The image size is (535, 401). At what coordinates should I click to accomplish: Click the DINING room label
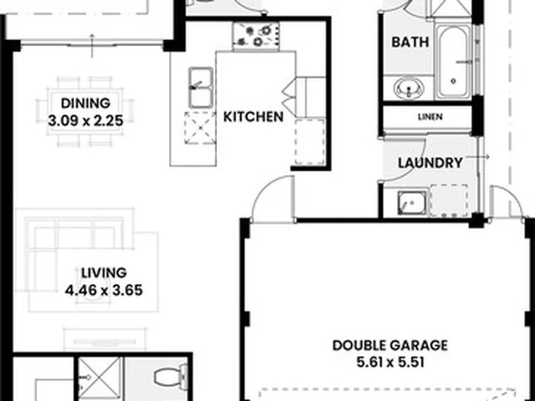click(85, 103)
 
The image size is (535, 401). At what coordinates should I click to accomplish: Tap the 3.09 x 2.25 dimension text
click(85, 121)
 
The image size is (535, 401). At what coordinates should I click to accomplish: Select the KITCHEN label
click(253, 117)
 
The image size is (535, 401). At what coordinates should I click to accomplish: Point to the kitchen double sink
click(201, 88)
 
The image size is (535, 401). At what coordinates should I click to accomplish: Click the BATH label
click(410, 42)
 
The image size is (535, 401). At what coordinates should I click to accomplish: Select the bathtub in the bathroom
click(453, 62)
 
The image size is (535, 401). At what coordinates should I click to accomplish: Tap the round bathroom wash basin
click(409, 88)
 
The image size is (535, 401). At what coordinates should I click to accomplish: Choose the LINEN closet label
click(430, 117)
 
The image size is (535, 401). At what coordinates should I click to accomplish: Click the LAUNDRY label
click(430, 163)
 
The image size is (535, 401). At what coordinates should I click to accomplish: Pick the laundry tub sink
click(412, 203)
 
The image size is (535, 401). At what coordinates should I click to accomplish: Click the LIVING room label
click(104, 273)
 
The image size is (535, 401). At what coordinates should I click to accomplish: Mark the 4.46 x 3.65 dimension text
click(104, 290)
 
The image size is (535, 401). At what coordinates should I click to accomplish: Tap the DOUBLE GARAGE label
click(390, 345)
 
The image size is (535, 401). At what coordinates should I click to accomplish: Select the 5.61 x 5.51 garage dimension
click(390, 362)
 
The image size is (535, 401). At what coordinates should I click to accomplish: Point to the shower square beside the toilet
click(100, 379)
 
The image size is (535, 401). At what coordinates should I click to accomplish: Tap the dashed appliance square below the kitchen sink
click(200, 128)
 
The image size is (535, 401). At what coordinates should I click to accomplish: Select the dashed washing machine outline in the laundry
click(448, 200)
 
